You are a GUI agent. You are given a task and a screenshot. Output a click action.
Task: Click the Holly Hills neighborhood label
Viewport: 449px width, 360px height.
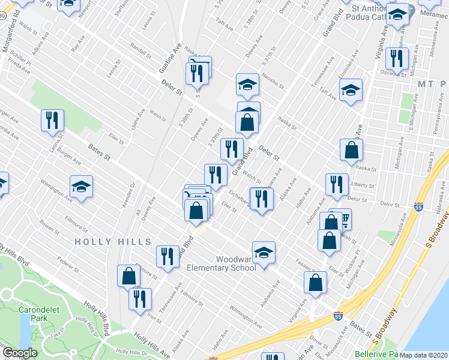(x=113, y=241)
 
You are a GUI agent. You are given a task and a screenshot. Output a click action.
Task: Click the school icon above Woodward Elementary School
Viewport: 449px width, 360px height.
(x=264, y=254)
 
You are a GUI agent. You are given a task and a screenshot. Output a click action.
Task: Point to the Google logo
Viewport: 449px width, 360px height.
(x=19, y=353)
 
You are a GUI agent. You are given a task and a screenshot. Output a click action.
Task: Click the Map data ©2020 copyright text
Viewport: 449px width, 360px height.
(x=424, y=355)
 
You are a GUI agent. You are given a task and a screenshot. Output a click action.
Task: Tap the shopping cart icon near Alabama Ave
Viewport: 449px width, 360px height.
(x=342, y=220)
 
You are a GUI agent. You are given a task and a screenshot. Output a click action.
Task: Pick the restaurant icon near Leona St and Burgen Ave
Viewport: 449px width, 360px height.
(x=52, y=121)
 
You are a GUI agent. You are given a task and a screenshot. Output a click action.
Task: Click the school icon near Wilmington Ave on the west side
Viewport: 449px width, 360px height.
(x=81, y=187)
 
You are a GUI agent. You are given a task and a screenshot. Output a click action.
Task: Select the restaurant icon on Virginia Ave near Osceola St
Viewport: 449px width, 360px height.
(x=396, y=58)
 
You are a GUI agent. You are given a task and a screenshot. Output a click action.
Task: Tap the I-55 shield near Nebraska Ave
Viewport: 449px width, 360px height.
(x=418, y=207)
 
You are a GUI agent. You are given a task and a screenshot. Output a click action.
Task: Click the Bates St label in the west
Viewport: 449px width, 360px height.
(x=100, y=158)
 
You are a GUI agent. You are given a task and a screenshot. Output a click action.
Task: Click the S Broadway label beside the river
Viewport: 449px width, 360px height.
(x=436, y=231)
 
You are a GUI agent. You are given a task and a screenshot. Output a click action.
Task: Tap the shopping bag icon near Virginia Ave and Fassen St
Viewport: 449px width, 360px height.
(x=315, y=283)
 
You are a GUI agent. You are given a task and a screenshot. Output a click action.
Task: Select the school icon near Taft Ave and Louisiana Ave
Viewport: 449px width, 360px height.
(x=351, y=91)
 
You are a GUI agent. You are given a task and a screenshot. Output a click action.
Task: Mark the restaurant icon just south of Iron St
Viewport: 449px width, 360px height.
(x=140, y=299)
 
